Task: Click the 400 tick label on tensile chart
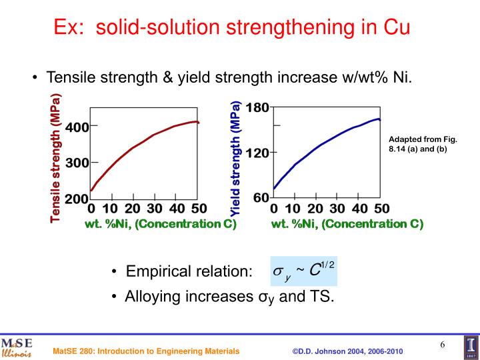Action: pyautogui.click(x=77, y=127)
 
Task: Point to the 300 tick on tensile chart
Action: pyautogui.click(x=77, y=163)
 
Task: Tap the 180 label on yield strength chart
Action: pyautogui.click(x=257, y=108)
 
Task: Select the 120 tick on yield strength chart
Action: pyautogui.click(x=257, y=153)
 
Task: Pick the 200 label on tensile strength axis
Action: pyautogui.click(x=77, y=199)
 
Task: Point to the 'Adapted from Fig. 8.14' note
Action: pyautogui.click(x=422, y=144)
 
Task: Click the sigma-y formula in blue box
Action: pyautogui.click(x=303, y=270)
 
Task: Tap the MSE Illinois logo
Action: pyautogui.click(x=17, y=347)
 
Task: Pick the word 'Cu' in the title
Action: pyautogui.click(x=394, y=29)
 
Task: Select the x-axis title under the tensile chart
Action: pyautogui.click(x=161, y=223)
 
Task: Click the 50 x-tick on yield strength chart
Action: pyautogui.click(x=381, y=209)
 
